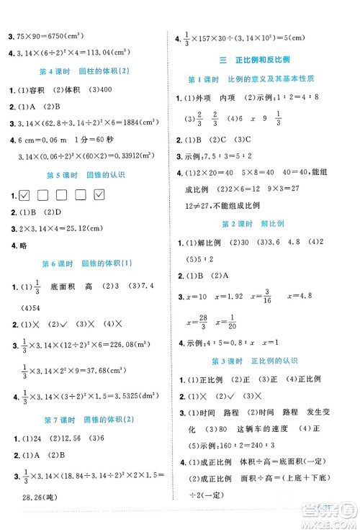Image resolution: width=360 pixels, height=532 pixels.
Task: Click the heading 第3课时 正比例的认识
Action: coord(264,360)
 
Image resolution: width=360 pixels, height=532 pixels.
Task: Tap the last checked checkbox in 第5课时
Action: coord(99,196)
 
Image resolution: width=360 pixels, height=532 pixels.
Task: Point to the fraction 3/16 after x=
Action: coord(264,295)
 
